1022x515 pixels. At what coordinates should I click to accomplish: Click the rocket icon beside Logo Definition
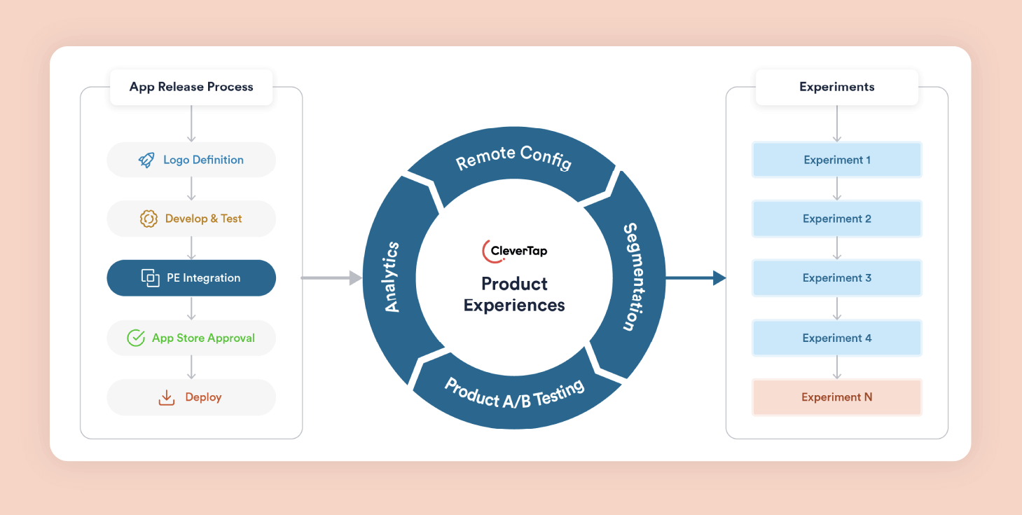146,160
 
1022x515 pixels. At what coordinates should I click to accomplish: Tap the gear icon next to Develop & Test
149,219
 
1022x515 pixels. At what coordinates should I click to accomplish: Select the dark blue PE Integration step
191,278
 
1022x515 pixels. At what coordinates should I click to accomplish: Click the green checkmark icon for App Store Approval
136,338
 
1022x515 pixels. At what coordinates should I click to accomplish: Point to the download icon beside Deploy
167,397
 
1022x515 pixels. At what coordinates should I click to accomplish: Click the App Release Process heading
191,87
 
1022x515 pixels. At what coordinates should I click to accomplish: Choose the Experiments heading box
836,87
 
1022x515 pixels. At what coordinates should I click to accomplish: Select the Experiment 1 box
836,160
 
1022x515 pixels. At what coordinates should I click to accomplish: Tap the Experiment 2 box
836,219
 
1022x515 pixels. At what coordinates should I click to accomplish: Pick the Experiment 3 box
836,278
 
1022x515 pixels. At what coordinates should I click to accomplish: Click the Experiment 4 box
836,338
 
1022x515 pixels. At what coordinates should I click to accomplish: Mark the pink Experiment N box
836,397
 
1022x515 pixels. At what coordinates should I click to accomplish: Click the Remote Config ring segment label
513,158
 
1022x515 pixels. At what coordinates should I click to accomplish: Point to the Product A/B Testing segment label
514,393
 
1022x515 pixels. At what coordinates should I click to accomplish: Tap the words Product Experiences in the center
514,294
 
